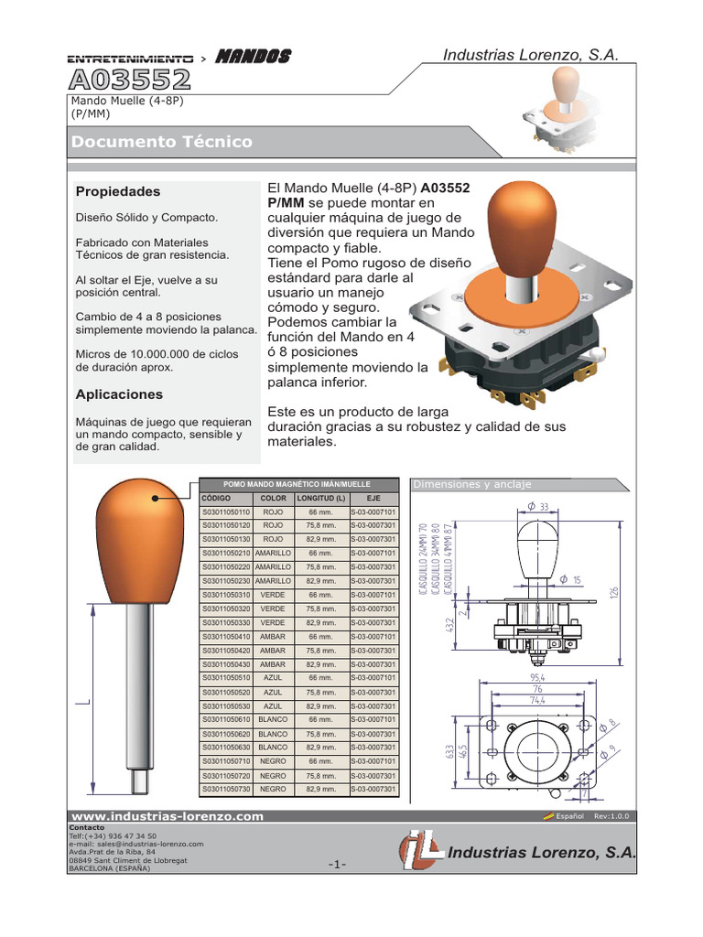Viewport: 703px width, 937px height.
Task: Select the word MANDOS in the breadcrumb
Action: coord(253,57)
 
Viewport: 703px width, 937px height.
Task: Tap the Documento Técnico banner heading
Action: coord(162,142)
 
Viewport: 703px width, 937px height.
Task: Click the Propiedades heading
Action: coord(117,191)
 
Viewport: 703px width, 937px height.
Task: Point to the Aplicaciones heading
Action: coord(119,394)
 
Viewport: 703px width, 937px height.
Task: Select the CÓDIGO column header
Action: coord(216,498)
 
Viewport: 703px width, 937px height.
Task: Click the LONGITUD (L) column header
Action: coord(321,498)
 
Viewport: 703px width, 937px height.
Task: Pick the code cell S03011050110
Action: coord(226,512)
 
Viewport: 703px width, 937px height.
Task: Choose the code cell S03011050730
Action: coord(226,789)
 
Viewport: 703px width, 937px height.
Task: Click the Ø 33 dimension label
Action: coord(537,506)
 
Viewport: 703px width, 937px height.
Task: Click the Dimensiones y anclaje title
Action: coord(472,484)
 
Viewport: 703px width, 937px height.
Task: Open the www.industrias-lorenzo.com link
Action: coord(168,816)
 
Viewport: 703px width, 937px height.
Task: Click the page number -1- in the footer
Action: coord(336,865)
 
